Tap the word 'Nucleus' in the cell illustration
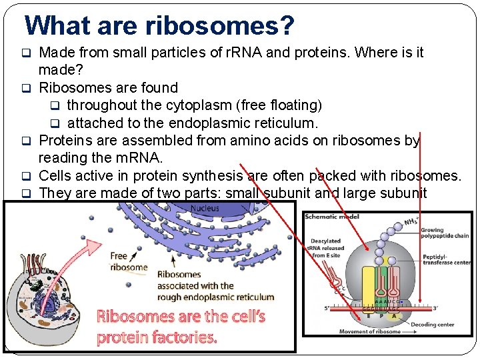coord(205,209)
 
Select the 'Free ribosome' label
coord(128,261)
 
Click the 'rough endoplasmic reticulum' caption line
coord(215,297)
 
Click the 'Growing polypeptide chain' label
coord(444,233)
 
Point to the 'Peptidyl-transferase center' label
coord(446,259)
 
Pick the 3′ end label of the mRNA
coord(435,308)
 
